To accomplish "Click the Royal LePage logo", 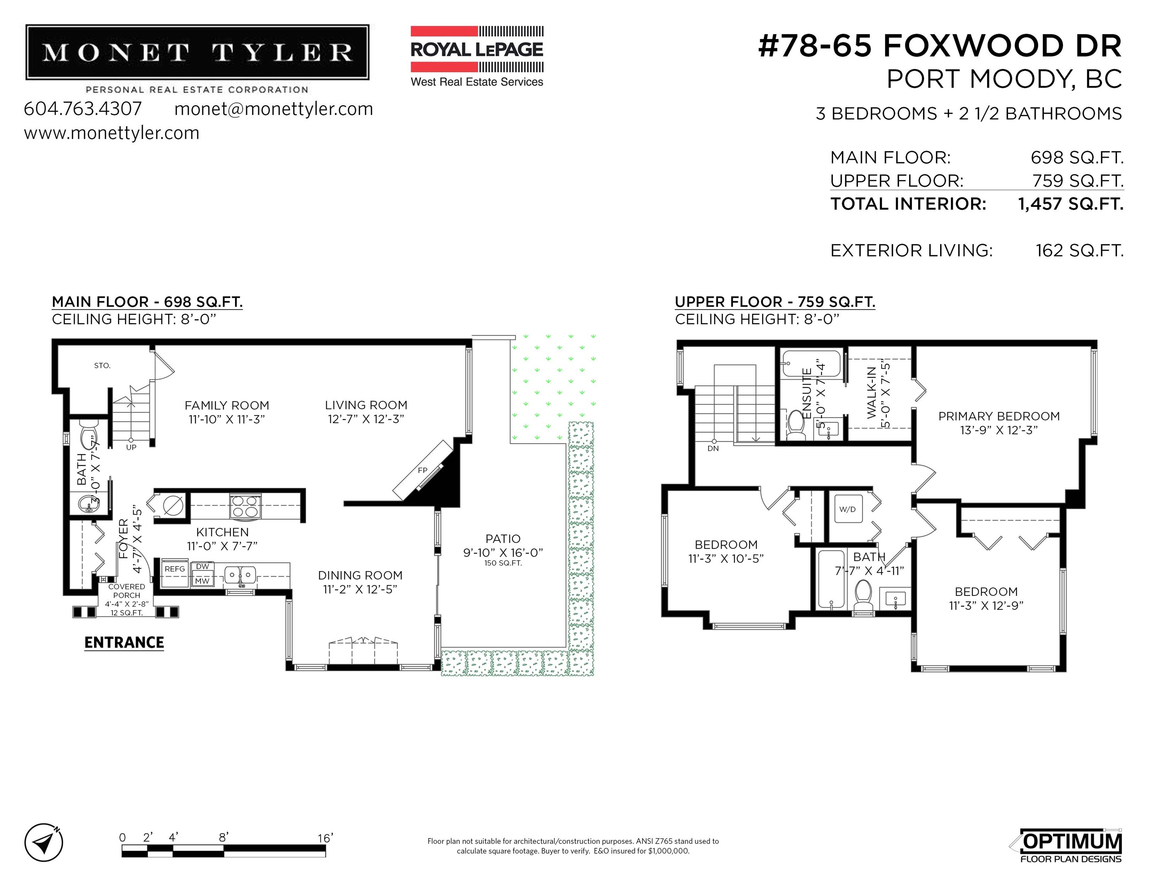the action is pyautogui.click(x=477, y=56).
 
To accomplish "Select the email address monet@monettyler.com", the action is pyautogui.click(x=274, y=109).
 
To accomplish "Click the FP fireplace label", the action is pyautogui.click(x=422, y=470).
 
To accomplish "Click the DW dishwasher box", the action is pyautogui.click(x=202, y=567).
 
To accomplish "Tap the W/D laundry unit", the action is pyautogui.click(x=848, y=509).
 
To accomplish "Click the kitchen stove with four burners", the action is pyautogui.click(x=245, y=506).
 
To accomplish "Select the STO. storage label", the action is pyautogui.click(x=102, y=366).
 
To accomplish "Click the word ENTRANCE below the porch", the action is pyautogui.click(x=124, y=642).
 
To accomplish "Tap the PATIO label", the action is pyautogui.click(x=503, y=539).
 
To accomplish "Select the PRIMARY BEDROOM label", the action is pyautogui.click(x=999, y=416).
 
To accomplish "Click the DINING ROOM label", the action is pyautogui.click(x=360, y=575).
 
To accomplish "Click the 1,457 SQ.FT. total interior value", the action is pyautogui.click(x=1071, y=204).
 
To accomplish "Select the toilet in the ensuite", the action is pyautogui.click(x=796, y=425).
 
